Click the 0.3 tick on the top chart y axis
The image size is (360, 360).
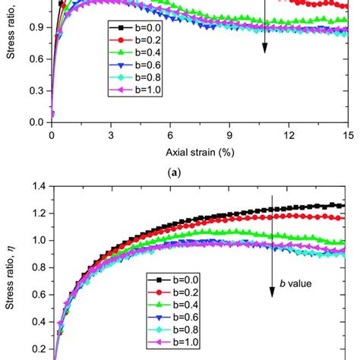(x=36, y=90)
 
